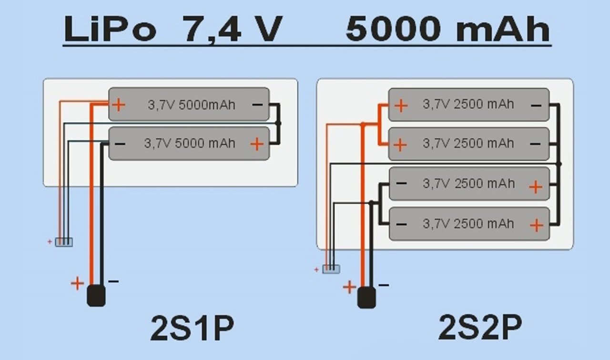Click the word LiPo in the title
pyautogui.click(x=110, y=30)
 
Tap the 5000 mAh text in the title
pyautogui.click(x=447, y=30)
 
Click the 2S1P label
pyautogui.click(x=192, y=329)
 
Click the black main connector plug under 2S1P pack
pyautogui.click(x=96, y=296)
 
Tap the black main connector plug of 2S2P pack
pyautogui.click(x=366, y=299)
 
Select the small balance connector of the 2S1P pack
pyautogui.click(x=64, y=242)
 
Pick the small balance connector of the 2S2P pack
pyautogui.click(x=331, y=269)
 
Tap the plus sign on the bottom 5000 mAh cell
pyautogui.click(x=256, y=143)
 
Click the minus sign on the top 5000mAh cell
pyautogui.click(x=258, y=104)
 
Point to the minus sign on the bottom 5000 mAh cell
pyautogui.click(x=121, y=143)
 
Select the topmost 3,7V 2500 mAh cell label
pyautogui.click(x=468, y=104)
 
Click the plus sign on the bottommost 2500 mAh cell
pyautogui.click(x=536, y=225)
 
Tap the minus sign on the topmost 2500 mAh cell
pyautogui.click(x=536, y=105)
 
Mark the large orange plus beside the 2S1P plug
pyautogui.click(x=77, y=283)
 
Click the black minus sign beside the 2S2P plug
pyautogui.click(x=384, y=285)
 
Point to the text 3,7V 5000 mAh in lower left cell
pyautogui.click(x=190, y=143)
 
